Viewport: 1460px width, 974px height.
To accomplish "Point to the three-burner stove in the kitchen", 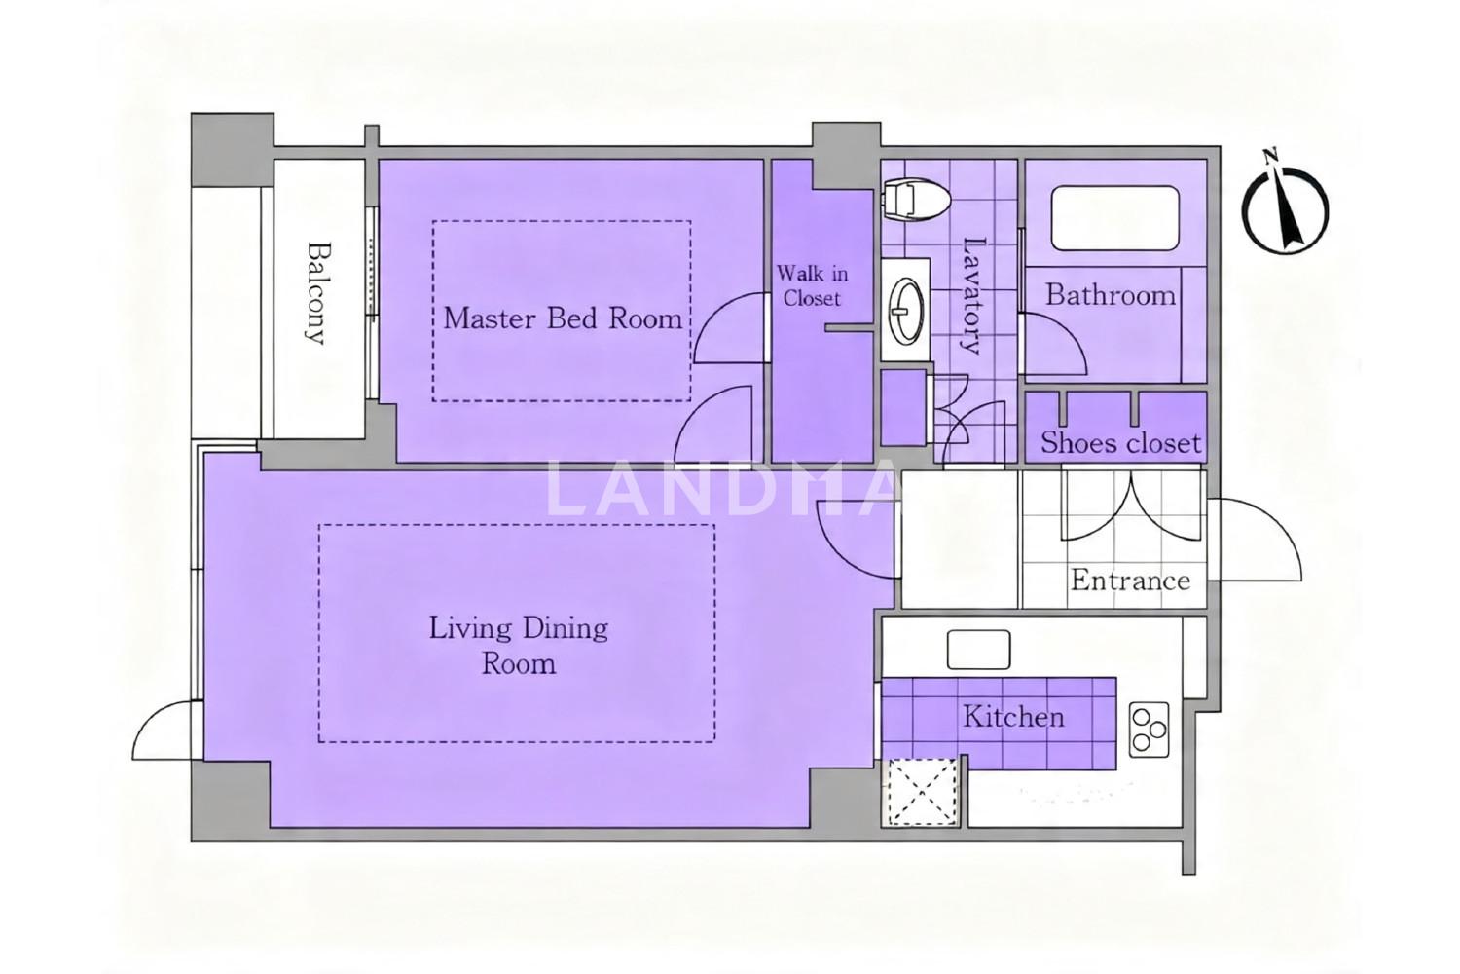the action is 1149,730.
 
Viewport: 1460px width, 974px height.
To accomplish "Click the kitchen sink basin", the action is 978,649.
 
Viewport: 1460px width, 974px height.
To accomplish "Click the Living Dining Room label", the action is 519,646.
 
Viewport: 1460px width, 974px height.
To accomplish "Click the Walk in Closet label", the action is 812,285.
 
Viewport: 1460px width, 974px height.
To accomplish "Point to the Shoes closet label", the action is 1120,443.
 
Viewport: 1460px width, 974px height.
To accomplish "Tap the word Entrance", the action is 1130,580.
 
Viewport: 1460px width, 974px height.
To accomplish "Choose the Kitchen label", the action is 1013,717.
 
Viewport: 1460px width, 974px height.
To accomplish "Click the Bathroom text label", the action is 1111,295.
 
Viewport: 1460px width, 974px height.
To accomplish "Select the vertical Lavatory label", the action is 971,295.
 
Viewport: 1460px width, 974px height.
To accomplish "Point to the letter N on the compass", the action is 1269,157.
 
